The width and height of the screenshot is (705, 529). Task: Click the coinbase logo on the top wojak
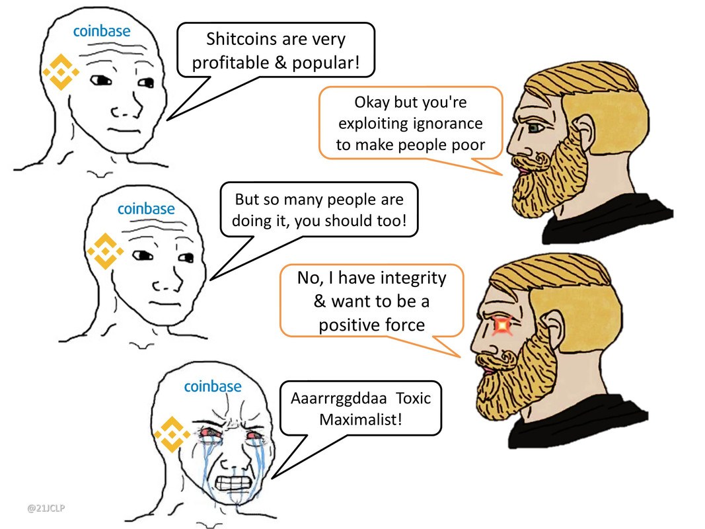point(101,30)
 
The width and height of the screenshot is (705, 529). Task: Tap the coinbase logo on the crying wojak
point(212,386)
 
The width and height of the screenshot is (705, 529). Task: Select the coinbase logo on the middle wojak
point(146,209)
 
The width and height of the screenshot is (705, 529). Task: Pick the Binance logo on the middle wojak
point(106,252)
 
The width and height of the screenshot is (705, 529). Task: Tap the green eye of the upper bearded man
point(535,126)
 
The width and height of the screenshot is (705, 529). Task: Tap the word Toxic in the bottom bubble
point(413,399)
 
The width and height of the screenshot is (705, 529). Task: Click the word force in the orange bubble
point(403,325)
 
